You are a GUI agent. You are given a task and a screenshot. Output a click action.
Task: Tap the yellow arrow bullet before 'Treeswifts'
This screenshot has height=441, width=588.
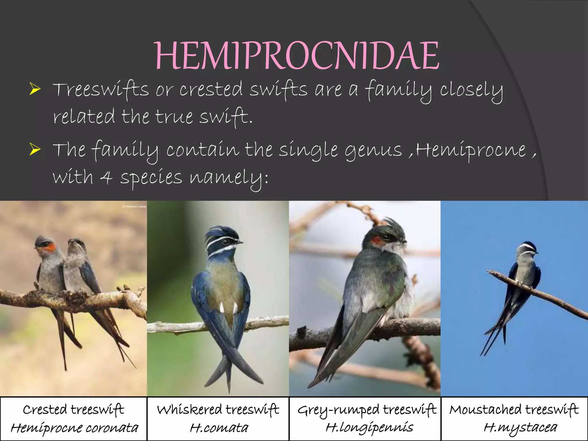35,89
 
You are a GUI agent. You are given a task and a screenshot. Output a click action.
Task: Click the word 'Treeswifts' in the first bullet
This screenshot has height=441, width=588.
101,90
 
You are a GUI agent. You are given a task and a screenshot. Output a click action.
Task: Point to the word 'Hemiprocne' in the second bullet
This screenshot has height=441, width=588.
471,150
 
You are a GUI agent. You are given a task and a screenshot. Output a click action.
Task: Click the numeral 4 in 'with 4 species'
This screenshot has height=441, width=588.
107,177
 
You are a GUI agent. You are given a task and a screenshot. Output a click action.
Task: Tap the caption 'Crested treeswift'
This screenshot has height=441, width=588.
73,410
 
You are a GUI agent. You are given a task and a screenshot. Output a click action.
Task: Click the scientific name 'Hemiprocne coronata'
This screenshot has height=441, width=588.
74,428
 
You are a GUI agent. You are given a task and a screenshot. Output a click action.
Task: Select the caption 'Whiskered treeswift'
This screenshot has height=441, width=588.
218,410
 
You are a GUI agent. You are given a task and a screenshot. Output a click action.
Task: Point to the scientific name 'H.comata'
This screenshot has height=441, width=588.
219,428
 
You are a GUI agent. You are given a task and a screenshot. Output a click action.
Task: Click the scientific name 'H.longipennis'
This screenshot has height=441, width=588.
370,428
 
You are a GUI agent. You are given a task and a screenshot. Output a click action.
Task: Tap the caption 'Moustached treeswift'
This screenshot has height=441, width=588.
514,410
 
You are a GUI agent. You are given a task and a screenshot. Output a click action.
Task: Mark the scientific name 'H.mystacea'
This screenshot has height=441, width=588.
520,428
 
